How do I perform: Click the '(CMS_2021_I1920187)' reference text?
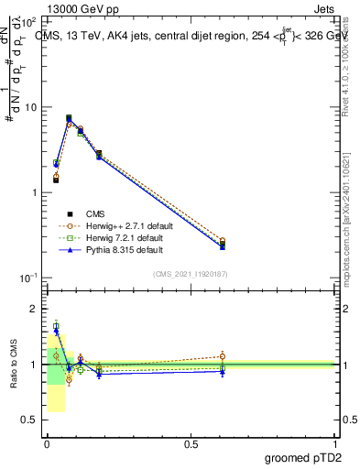pos(191,274)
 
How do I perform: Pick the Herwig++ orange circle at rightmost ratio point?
pos(223,356)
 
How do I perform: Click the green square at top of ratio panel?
pos(56,326)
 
